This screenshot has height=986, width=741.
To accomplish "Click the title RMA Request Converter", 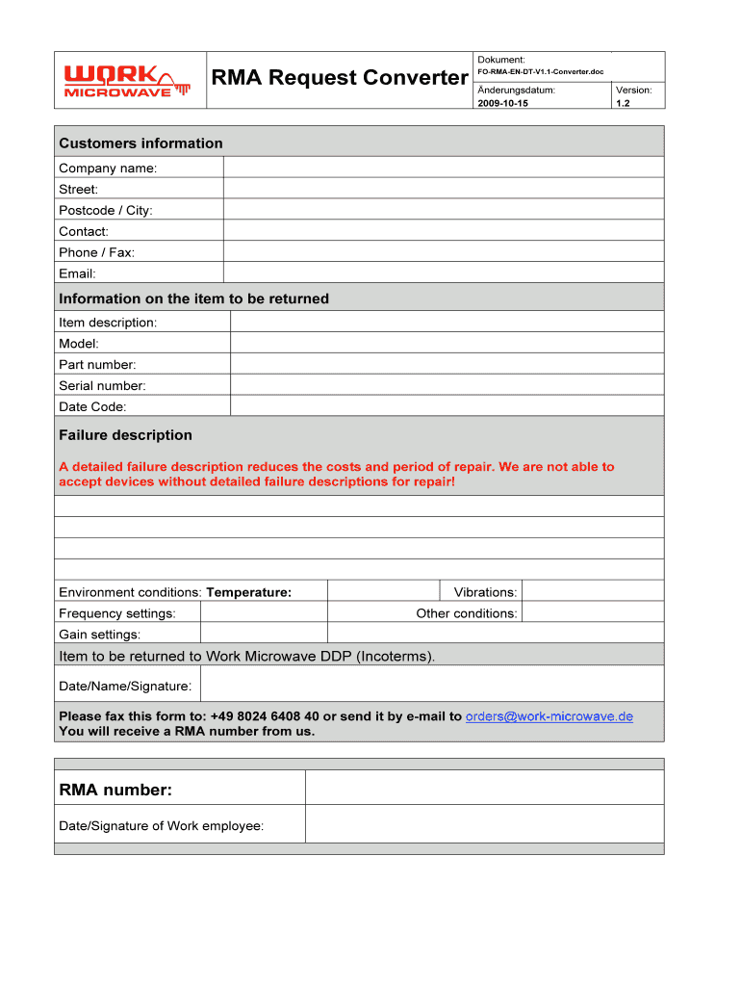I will tap(339, 78).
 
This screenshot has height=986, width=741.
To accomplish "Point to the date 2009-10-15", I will tap(502, 103).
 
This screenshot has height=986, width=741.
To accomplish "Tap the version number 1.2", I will tap(623, 103).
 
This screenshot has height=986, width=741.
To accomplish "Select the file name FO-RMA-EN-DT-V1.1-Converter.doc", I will tap(540, 72).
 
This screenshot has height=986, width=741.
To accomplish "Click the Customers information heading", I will tap(141, 143).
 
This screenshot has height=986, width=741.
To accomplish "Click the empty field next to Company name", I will tap(443, 168).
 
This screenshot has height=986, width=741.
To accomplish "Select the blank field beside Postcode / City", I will tap(443, 210).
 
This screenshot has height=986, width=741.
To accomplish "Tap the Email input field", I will tap(443, 273).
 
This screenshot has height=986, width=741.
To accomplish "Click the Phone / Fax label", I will tap(96, 252).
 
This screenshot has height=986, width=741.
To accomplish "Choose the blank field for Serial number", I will tap(447, 385).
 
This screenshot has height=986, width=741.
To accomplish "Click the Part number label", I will tap(97, 364).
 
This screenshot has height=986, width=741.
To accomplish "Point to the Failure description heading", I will tap(125, 435).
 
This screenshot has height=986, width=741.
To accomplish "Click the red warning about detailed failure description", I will tap(336, 474).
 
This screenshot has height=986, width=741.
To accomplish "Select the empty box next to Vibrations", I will tap(592, 591).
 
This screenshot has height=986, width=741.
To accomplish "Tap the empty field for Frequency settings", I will tap(264, 612).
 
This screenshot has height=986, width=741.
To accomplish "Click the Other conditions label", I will tap(466, 613).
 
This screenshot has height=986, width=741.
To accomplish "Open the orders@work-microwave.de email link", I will tap(549, 716).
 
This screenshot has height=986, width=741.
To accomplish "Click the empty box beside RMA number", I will tap(484, 788).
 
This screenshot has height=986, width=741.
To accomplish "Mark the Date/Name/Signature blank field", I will tap(431, 685).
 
